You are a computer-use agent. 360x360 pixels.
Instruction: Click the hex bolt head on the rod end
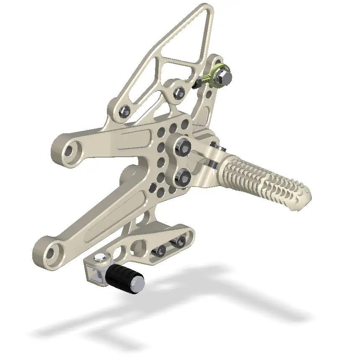click(x=224, y=77)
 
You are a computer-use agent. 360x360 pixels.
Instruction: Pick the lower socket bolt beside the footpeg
click(x=183, y=177)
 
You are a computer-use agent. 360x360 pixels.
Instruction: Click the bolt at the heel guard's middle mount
click(x=179, y=93)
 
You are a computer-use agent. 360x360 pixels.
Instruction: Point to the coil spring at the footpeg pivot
click(x=212, y=163)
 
